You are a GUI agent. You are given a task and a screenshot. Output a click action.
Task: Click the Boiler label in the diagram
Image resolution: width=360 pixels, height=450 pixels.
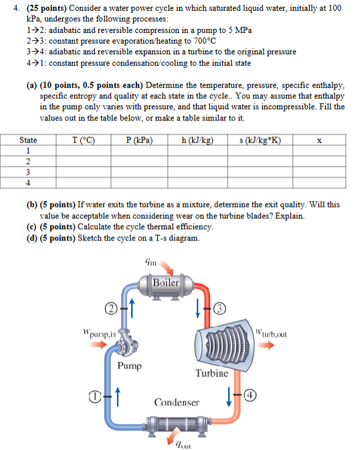pos(166,282)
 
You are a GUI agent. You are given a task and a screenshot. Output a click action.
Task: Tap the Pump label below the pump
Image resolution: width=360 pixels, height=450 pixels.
pos(129,366)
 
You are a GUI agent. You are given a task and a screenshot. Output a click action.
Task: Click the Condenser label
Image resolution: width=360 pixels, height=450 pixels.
pos(177,402)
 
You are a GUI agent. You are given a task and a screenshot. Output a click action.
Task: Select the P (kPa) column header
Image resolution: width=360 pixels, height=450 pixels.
pos(139,141)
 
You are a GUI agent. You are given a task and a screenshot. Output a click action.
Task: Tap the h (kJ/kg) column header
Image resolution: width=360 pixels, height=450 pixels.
pos(197,141)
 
